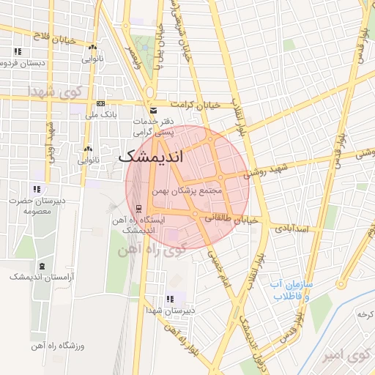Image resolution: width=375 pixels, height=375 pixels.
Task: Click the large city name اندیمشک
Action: coord(151,156)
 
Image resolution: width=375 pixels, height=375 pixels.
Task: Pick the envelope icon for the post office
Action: coord(153,110)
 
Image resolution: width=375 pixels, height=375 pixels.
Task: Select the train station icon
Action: coord(138,208)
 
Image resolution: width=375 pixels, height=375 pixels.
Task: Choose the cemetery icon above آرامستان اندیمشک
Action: coord(41,265)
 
